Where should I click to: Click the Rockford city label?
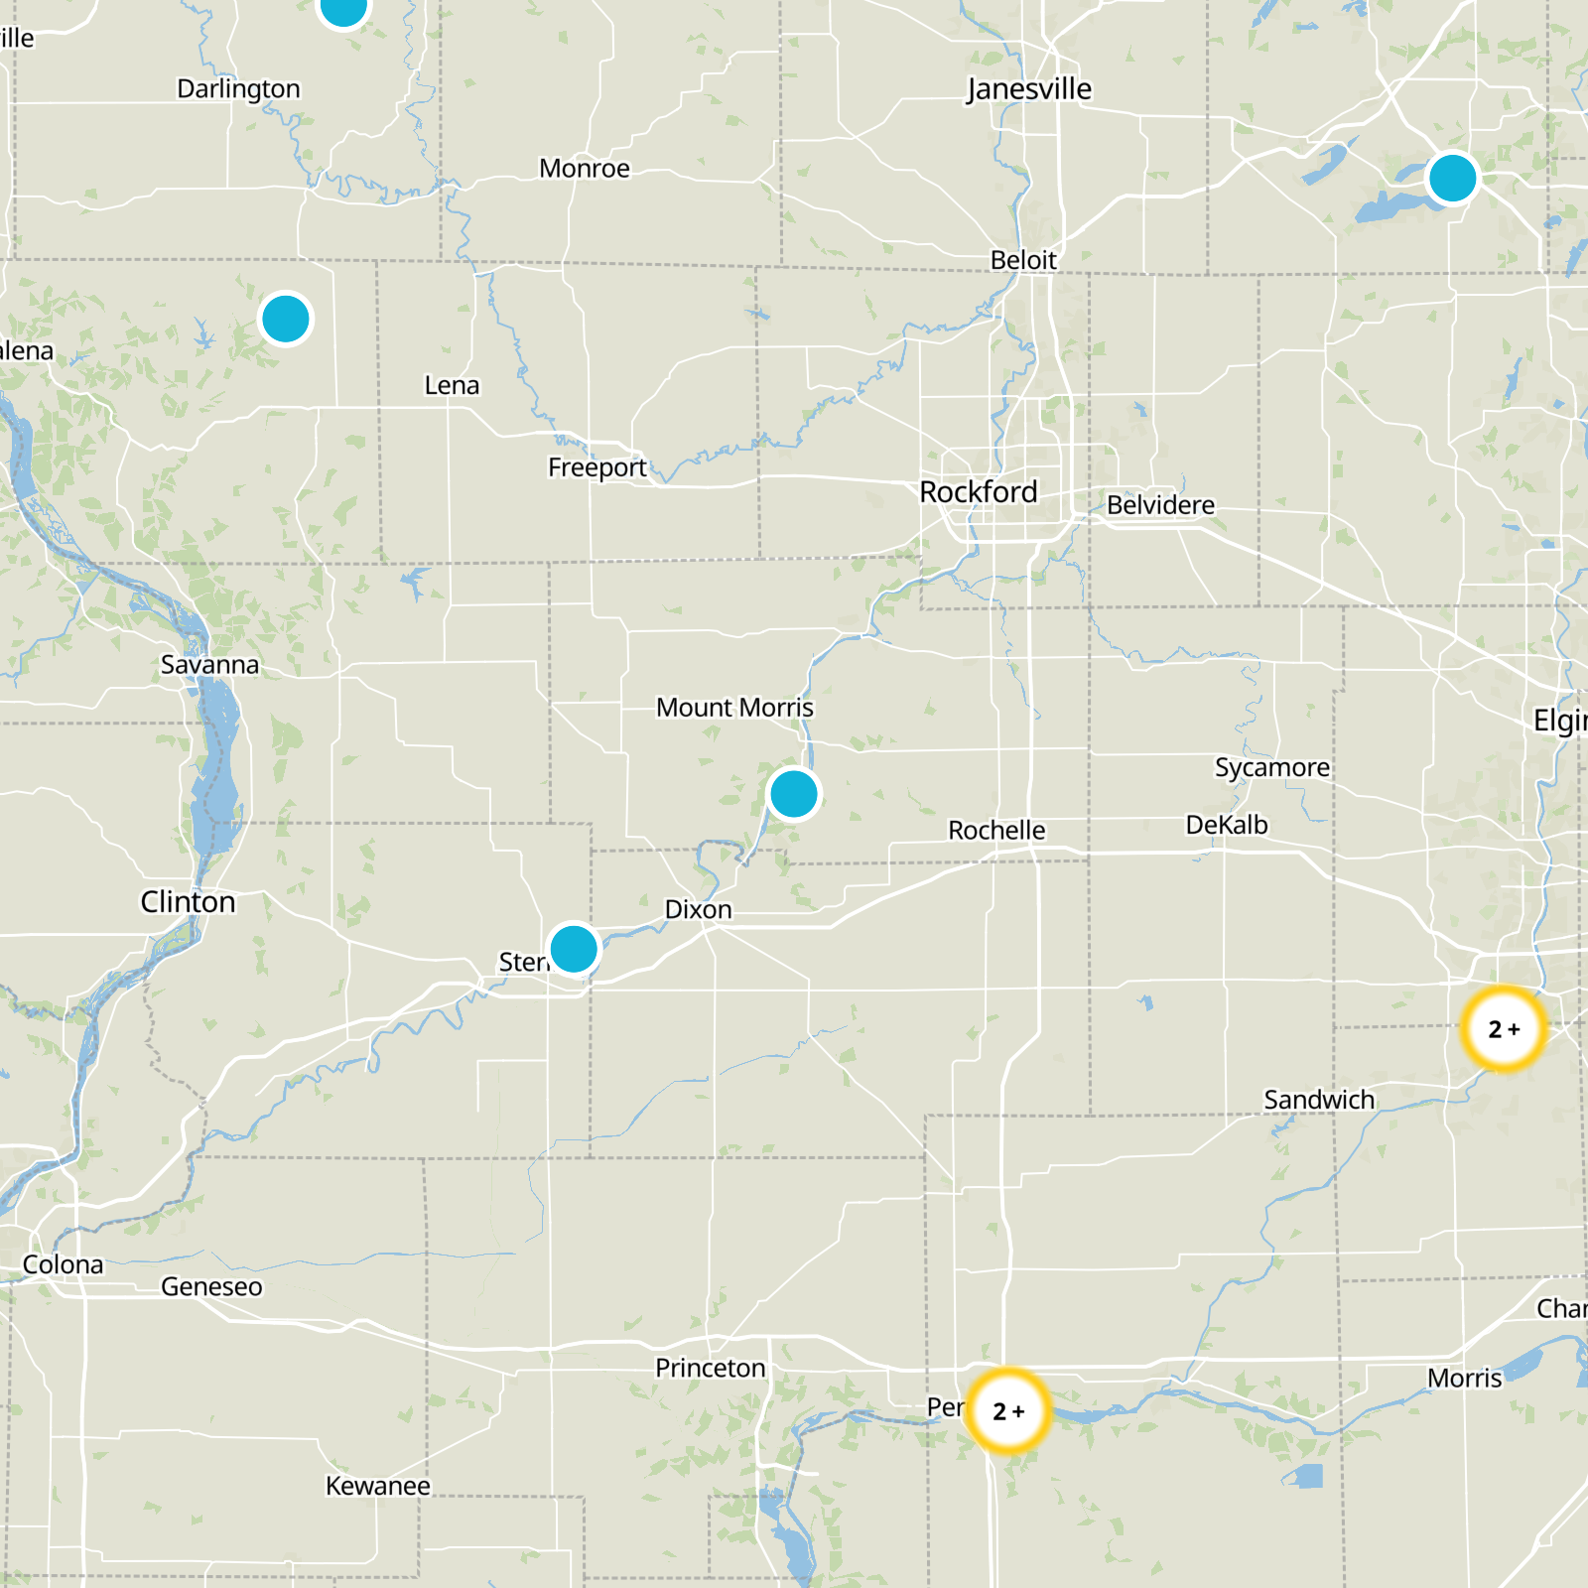pos(978,492)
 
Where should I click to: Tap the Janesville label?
pos(1029,89)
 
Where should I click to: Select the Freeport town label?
pos(596,467)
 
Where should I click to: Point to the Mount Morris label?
pos(734,708)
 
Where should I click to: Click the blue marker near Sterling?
pos(574,949)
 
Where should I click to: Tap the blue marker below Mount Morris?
pos(793,794)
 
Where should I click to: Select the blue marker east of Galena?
pos(286,320)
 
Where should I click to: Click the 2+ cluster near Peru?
pos(1008,1410)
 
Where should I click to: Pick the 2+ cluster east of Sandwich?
pos(1504,1029)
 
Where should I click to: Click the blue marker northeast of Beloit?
pos(1452,179)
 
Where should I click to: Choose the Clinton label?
pos(188,902)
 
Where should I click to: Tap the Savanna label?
pos(209,665)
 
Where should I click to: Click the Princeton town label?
pos(710,1369)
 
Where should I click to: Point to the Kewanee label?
pos(378,1486)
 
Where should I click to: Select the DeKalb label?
pos(1227,826)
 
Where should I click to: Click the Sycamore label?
pos(1272,768)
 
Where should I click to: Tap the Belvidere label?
pos(1160,505)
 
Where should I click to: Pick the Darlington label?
pos(238,89)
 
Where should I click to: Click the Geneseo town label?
pos(211,1287)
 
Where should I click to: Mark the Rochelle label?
pos(996,831)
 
